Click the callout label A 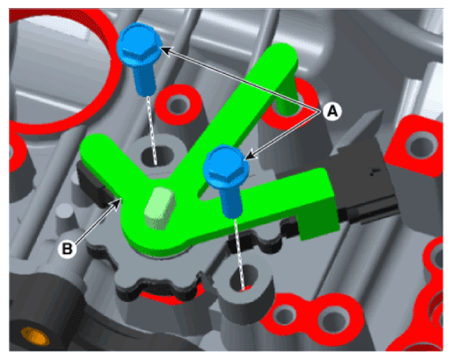(x=332, y=112)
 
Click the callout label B (x=67, y=249)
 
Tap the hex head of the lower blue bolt (x=226, y=166)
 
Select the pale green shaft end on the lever (x=160, y=207)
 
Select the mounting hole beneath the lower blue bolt (x=244, y=277)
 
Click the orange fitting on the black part (x=34, y=336)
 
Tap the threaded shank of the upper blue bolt (x=144, y=80)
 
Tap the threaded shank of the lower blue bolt (x=231, y=202)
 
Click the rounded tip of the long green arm (x=282, y=53)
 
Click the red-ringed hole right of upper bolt (x=178, y=104)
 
